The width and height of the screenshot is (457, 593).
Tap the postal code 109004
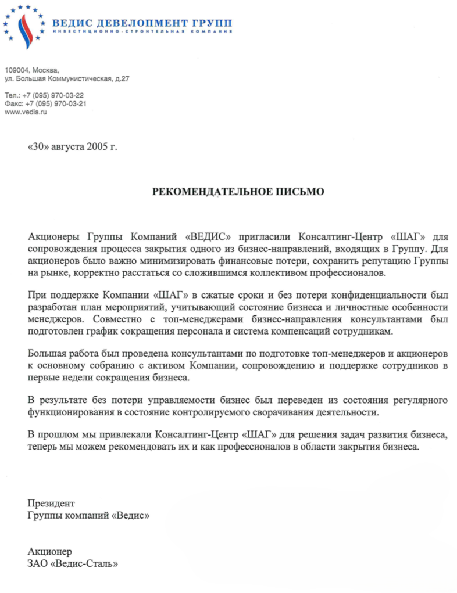[x=16, y=70]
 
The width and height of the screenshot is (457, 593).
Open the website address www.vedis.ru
[x=25, y=112]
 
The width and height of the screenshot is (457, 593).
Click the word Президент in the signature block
[x=51, y=502]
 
